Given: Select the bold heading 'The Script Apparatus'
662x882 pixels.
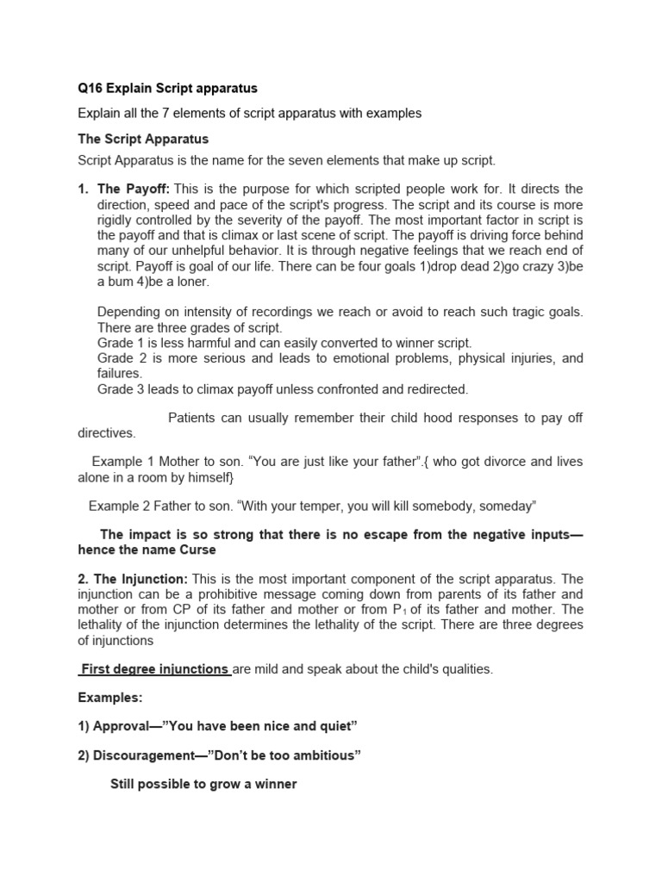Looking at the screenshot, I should [143, 139].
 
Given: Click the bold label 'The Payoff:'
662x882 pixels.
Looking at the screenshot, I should [134, 189].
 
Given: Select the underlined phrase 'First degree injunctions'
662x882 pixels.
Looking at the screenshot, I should [155, 669].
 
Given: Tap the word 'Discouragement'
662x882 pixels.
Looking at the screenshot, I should [143, 755].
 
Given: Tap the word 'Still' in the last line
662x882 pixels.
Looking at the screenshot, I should [126, 785].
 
